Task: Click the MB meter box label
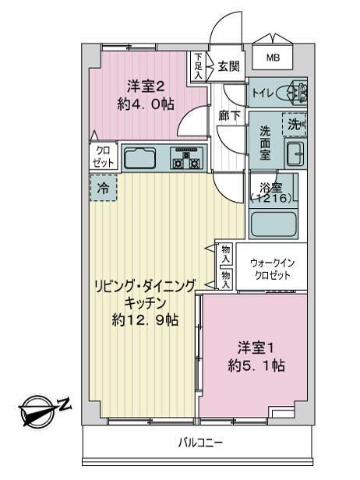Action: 273,58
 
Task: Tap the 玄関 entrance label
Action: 228,66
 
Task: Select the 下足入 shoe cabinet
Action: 199,67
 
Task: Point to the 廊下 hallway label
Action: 229,115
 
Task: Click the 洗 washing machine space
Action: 295,124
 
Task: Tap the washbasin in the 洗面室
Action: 295,154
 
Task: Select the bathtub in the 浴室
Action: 274,224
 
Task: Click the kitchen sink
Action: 140,158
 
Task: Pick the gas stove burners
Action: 187,158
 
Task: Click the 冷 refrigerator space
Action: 104,188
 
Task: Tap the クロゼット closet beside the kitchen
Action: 103,157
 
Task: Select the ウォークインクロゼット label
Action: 272,270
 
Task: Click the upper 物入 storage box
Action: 226,254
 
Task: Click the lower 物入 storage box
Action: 226,279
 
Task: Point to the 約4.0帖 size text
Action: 146,104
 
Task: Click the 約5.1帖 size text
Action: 256,365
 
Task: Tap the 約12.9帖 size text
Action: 144,320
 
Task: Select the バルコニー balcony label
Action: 200,443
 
